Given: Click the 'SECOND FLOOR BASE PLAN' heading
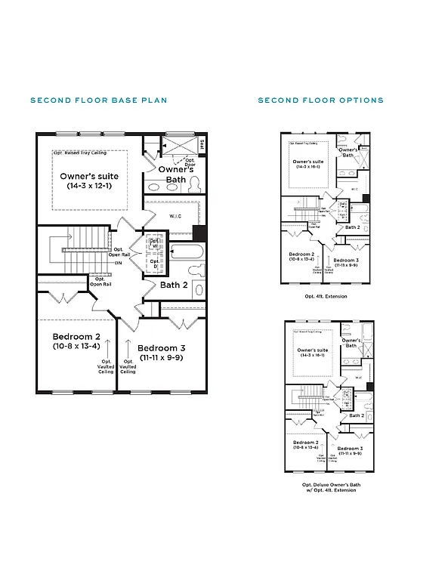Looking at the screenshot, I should (98, 100).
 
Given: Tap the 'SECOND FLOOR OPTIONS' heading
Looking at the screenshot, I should (320, 100).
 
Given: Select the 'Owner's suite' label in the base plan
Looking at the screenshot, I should (89, 176).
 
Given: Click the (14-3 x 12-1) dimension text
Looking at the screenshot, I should (89, 186).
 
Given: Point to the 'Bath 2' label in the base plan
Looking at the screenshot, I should (174, 285).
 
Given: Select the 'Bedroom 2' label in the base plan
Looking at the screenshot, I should (77, 336).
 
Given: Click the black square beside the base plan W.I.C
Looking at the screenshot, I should (199, 233).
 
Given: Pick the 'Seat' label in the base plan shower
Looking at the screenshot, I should (202, 144).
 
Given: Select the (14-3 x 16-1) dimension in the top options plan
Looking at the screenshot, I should (307, 167).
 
